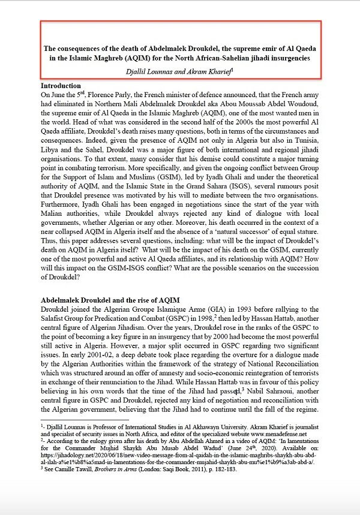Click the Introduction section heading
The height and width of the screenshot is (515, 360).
60,86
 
